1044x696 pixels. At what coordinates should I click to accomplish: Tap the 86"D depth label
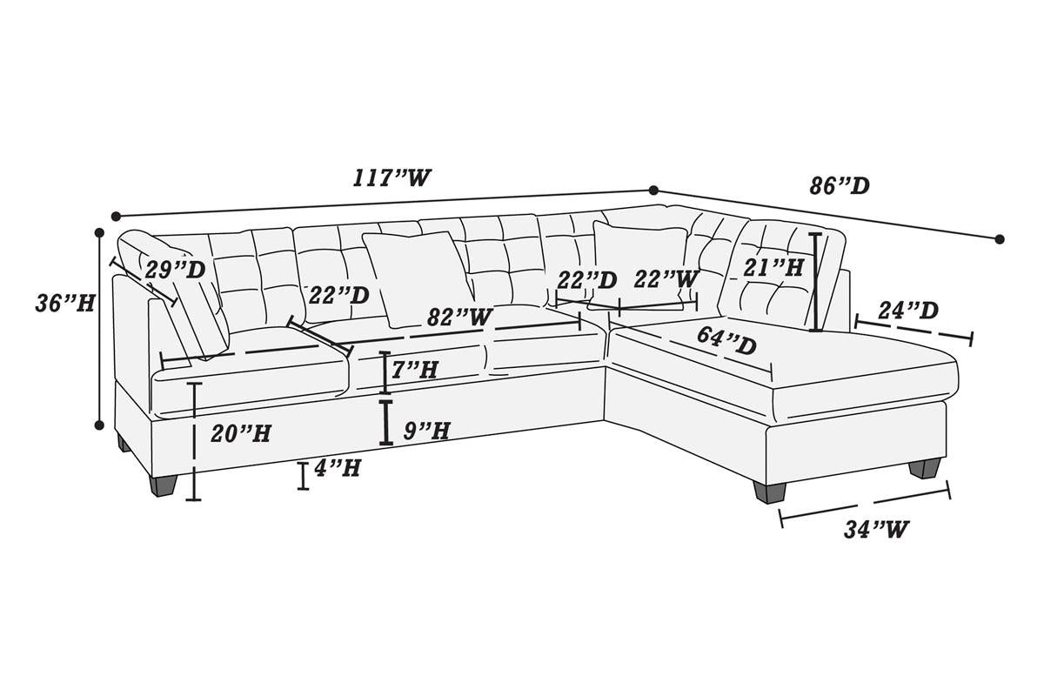(x=840, y=186)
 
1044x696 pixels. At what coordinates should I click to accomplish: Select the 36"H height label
(x=64, y=304)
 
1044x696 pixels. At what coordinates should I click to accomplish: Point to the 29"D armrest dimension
(x=175, y=270)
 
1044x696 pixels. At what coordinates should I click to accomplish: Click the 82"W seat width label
(x=459, y=318)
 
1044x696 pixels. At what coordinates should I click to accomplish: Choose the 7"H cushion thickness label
(x=414, y=370)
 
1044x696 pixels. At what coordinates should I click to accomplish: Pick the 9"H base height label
(x=426, y=431)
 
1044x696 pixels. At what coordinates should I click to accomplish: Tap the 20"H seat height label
(x=240, y=433)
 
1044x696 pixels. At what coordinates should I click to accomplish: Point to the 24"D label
(x=908, y=311)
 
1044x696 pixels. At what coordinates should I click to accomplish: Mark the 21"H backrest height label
(x=773, y=268)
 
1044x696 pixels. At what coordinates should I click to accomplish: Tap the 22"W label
(x=666, y=280)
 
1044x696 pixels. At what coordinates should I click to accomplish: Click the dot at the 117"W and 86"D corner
(x=653, y=191)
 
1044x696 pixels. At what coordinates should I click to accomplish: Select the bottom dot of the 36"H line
(x=99, y=425)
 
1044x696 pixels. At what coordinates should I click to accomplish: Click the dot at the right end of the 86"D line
(x=1000, y=239)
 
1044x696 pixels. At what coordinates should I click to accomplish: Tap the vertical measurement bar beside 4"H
(x=304, y=476)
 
